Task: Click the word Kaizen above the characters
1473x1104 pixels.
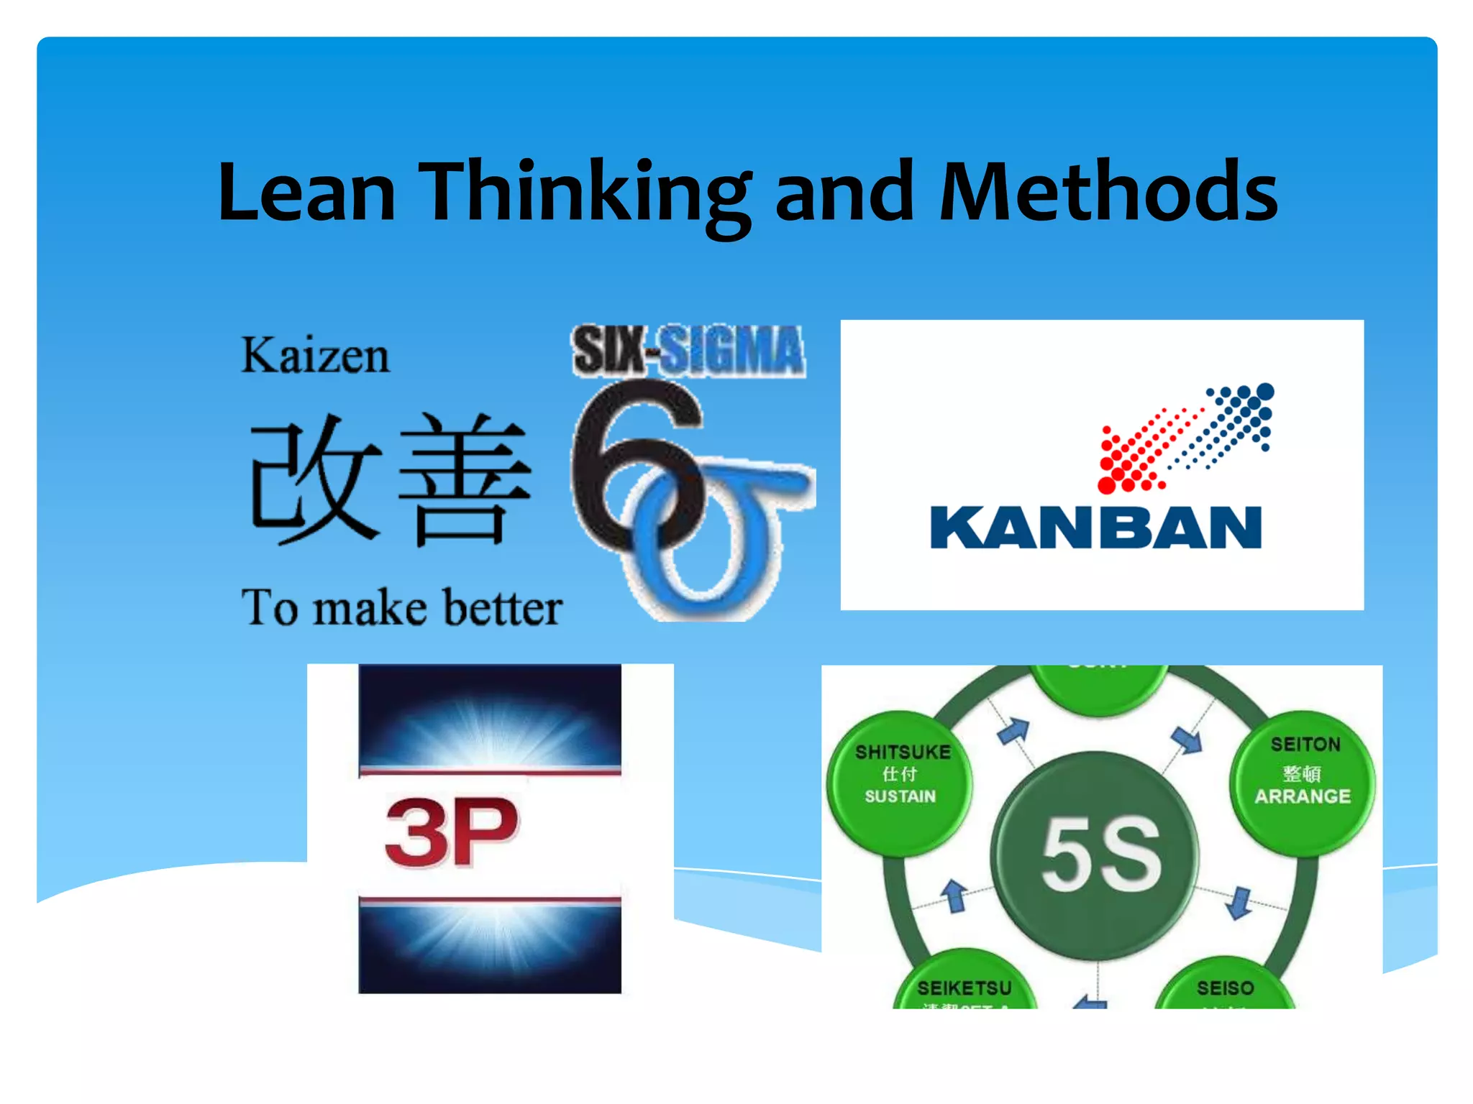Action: pyautogui.click(x=315, y=355)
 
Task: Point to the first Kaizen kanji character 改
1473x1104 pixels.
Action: pyautogui.click(x=315, y=478)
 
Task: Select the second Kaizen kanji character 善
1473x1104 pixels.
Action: pyautogui.click(x=464, y=478)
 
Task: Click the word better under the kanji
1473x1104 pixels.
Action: pyautogui.click(x=502, y=608)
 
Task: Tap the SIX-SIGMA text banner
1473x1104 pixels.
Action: pyautogui.click(x=688, y=351)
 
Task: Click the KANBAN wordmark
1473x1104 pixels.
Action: pyautogui.click(x=1095, y=528)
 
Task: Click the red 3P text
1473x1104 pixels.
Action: pyautogui.click(x=452, y=832)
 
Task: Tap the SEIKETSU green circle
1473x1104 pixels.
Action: pyautogui.click(x=964, y=985)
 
